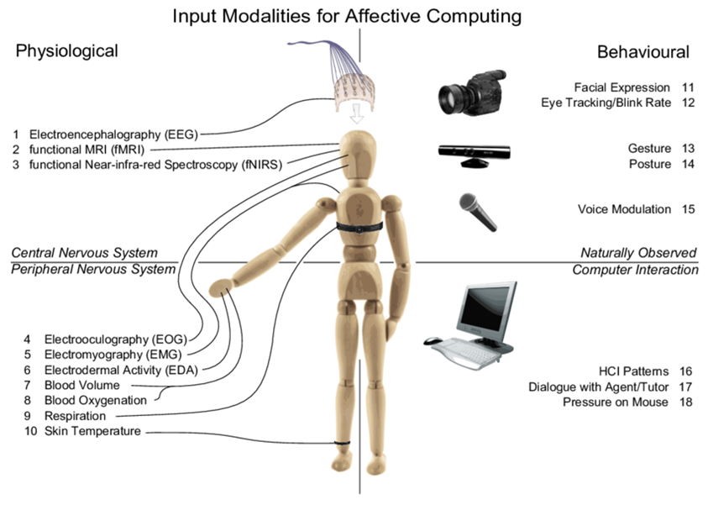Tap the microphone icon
coord(478,211)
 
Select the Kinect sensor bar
coord(476,152)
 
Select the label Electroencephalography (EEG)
coord(118,134)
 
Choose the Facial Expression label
coord(622,87)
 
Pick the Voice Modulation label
coord(624,209)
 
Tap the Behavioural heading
coord(643,52)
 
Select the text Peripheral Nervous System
coord(93,270)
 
